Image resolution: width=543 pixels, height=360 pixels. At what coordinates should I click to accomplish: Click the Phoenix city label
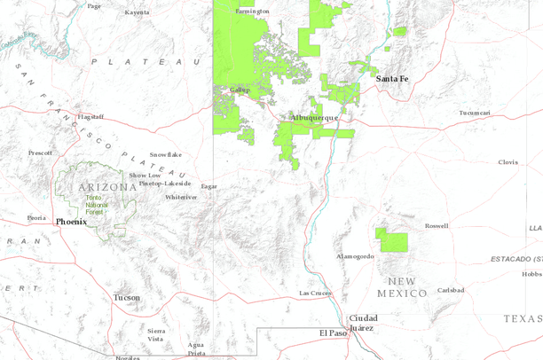coord(70,222)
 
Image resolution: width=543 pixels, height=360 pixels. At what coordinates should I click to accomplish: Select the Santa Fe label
coord(392,79)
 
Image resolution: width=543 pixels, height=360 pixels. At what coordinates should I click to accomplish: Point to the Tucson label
coord(126,298)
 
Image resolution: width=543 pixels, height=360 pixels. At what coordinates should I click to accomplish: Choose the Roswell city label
coord(437,226)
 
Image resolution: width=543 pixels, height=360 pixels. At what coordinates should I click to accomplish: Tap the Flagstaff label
coord(91,116)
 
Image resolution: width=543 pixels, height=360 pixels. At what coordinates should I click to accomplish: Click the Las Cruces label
coord(315,293)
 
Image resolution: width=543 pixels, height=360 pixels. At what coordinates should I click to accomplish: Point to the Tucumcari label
coord(475,113)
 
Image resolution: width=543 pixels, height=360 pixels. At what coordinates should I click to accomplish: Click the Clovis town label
coord(508,162)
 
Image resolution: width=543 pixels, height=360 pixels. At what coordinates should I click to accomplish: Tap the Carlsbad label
coord(451,290)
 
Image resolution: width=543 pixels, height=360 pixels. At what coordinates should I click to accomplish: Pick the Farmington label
coord(251,12)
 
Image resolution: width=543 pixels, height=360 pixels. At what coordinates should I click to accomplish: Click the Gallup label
coord(240,90)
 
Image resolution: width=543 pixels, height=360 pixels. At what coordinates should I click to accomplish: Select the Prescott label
coord(40,153)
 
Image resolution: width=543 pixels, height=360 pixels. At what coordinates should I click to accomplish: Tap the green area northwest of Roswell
coord(390,239)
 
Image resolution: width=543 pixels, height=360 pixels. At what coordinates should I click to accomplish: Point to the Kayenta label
coord(138,13)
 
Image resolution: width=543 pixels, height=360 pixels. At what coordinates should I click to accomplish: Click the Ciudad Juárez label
coord(364,322)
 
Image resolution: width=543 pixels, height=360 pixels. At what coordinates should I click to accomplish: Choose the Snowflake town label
coord(165,154)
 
